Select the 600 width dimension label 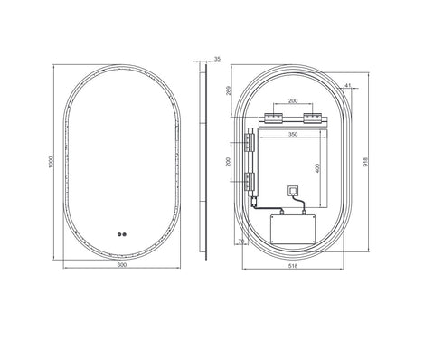(x=120, y=266)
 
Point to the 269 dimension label (x=231, y=90)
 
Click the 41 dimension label (x=348, y=86)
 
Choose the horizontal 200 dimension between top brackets (x=293, y=102)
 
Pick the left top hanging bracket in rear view (x=271, y=118)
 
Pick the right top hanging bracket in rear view (x=314, y=118)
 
